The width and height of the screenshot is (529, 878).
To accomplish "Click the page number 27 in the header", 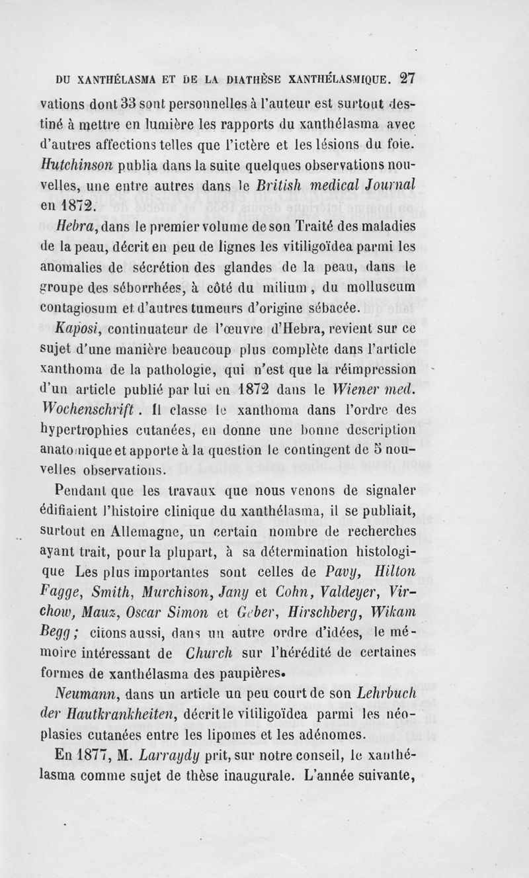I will point(407,77).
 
